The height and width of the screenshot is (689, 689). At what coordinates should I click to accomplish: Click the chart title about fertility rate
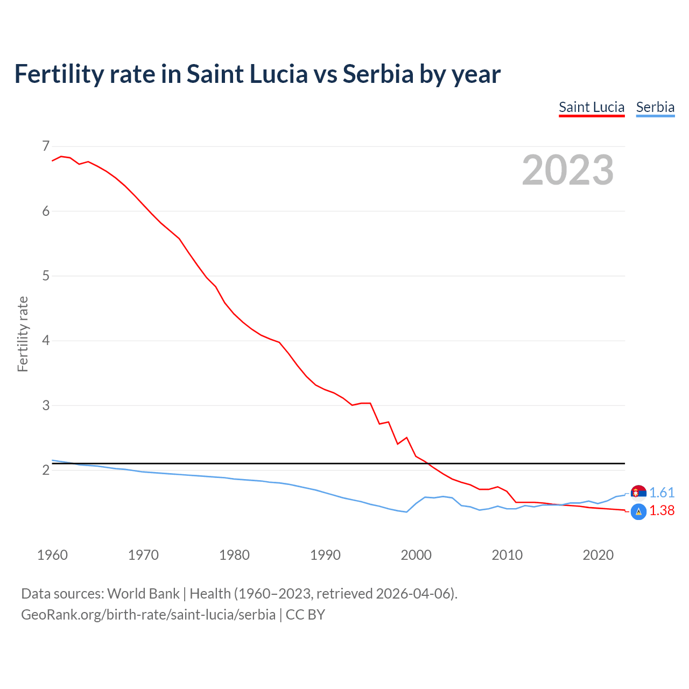click(x=257, y=74)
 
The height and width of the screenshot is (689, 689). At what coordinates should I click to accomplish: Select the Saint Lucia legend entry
click(x=591, y=107)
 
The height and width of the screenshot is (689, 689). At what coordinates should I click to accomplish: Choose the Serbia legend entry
click(x=655, y=107)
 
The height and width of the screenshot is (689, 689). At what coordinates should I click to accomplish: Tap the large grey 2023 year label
click(x=567, y=170)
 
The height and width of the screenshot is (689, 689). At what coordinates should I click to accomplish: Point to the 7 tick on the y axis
click(x=45, y=146)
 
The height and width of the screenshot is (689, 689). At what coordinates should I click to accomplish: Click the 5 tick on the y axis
click(x=45, y=276)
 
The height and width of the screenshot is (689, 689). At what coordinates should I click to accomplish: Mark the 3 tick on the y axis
click(x=45, y=405)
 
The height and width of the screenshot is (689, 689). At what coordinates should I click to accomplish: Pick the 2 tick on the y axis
click(x=45, y=470)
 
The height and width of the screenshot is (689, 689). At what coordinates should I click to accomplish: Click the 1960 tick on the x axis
click(x=52, y=555)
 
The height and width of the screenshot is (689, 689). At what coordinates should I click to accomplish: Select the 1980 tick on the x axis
click(x=234, y=555)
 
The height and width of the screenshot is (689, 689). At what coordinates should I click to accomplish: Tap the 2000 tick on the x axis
click(x=416, y=555)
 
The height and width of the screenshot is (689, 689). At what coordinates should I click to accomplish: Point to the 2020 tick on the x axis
click(x=598, y=555)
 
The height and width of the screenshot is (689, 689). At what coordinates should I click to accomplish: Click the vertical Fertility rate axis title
click(x=23, y=334)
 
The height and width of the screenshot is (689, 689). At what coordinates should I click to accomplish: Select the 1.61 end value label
click(x=662, y=493)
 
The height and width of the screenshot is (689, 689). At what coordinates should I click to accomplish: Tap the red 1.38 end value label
click(x=662, y=511)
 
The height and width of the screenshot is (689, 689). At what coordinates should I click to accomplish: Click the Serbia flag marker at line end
click(x=638, y=492)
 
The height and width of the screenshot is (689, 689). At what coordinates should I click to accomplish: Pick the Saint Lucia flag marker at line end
click(x=638, y=512)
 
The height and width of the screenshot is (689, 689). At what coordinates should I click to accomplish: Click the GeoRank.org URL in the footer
click(x=148, y=615)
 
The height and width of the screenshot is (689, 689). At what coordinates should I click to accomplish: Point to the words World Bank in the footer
click(x=143, y=594)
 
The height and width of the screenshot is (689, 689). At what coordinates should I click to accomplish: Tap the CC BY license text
click(x=305, y=615)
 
